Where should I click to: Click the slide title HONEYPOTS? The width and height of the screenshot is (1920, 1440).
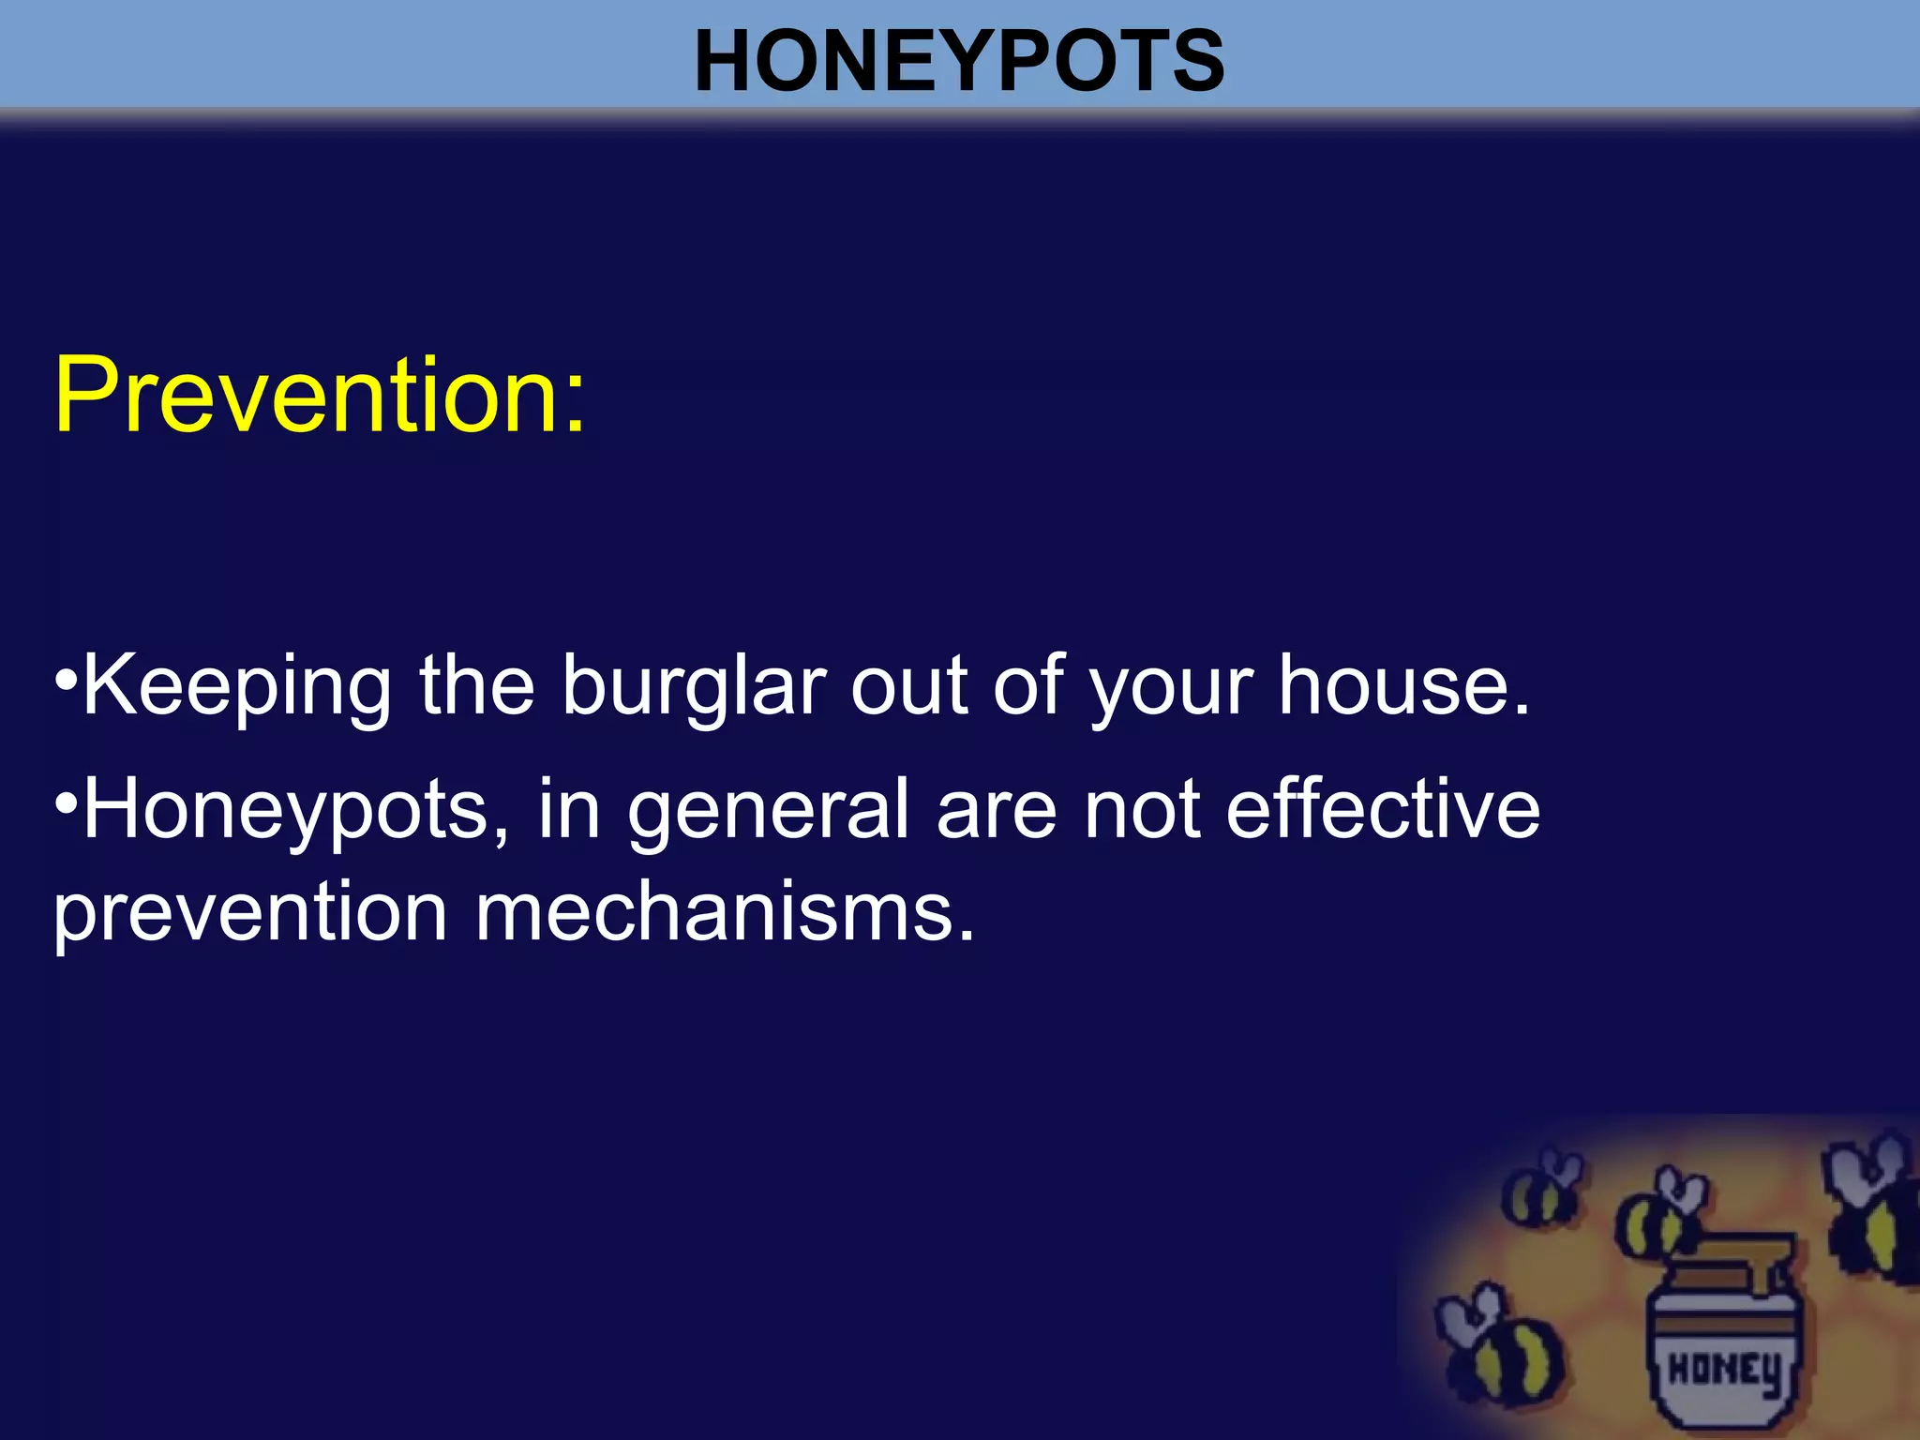tap(959, 61)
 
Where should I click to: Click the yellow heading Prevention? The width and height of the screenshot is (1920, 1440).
tap(320, 396)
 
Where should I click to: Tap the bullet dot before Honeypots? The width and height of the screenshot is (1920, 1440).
tap(66, 803)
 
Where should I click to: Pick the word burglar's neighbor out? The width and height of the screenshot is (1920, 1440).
tap(908, 687)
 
